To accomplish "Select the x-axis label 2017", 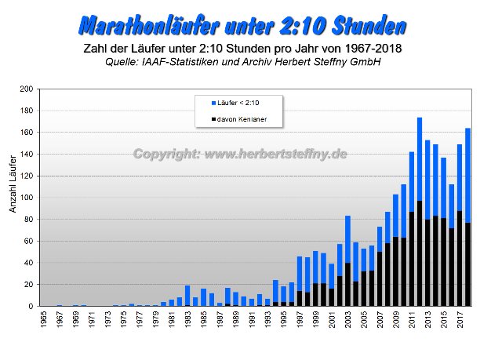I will (x=460, y=323).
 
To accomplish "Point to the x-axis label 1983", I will (x=187, y=323).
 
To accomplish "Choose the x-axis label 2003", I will (x=347, y=323).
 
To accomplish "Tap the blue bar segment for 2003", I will (x=347, y=239).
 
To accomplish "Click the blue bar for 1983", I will (x=187, y=296).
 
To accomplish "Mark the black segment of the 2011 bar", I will (x=412, y=259).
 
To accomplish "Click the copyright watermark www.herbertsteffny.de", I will (x=240, y=155).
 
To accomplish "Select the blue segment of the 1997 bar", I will (x=300, y=274).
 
